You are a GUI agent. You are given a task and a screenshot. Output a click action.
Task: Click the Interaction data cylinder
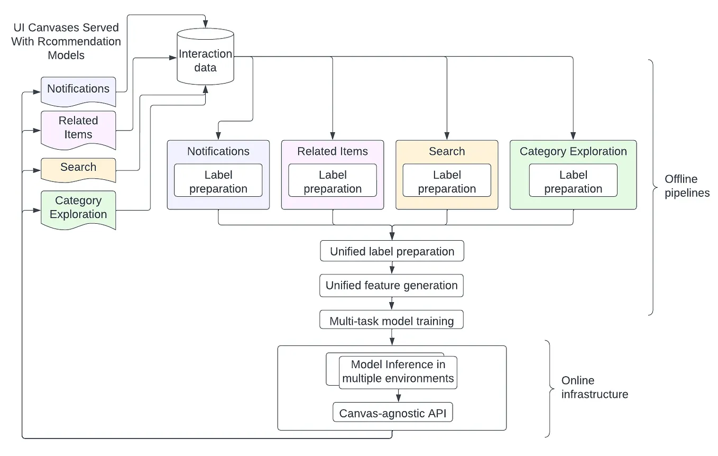point(205,60)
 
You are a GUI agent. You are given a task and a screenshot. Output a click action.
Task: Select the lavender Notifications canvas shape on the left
point(78,90)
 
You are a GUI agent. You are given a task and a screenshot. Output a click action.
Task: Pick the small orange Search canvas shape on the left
point(78,168)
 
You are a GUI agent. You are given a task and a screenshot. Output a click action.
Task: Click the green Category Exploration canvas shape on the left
point(78,208)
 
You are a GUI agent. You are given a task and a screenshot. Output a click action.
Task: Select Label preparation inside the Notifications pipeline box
point(218,181)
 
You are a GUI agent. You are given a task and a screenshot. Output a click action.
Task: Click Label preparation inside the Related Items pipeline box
point(333,181)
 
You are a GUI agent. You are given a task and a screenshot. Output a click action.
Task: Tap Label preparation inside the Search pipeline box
point(447,181)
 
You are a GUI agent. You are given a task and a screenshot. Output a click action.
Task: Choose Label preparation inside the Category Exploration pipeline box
point(573,181)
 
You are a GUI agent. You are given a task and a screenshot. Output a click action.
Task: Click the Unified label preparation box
point(392,251)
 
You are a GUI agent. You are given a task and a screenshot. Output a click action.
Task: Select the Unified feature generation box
point(392,286)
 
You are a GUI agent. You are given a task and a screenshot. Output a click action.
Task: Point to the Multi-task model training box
point(392,321)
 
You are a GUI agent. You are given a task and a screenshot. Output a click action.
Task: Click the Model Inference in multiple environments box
point(398,372)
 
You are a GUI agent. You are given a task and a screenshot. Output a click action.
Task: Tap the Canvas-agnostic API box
point(393,413)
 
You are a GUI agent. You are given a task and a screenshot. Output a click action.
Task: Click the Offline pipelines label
point(687,186)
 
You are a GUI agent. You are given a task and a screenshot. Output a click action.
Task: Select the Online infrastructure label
point(594,387)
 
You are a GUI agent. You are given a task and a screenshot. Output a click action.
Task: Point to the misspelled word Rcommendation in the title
point(82,41)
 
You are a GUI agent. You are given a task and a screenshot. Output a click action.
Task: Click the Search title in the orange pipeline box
point(447,152)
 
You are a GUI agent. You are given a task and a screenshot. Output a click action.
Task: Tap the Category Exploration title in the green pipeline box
point(573,152)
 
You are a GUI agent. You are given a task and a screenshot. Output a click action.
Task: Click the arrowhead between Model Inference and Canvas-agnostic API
point(398,398)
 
